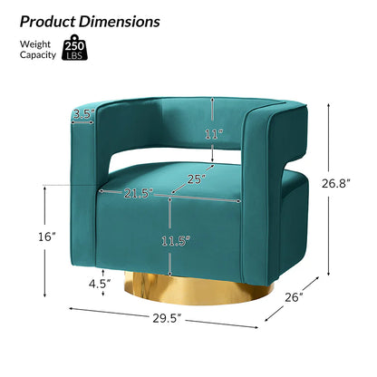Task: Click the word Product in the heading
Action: [x=48, y=22]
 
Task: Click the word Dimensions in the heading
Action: [x=120, y=22]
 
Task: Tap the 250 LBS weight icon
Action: [x=74, y=47]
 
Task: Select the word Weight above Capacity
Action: [x=35, y=44]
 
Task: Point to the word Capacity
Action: [x=38, y=55]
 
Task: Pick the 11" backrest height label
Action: [x=214, y=134]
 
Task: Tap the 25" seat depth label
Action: [x=198, y=179]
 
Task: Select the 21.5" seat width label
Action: [x=138, y=193]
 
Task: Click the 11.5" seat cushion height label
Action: [x=176, y=241]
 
